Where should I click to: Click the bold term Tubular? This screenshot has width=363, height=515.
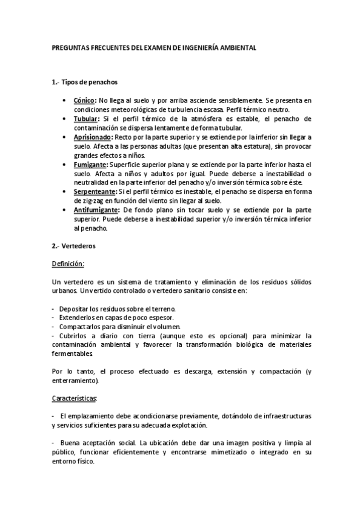pos(87,119)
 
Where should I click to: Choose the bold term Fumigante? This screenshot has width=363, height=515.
pos(91,165)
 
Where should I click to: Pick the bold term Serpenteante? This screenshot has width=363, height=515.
pos(95,191)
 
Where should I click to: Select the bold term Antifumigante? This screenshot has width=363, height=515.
pos(96,210)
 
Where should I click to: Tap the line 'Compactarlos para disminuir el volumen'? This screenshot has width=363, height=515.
pos(112,327)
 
